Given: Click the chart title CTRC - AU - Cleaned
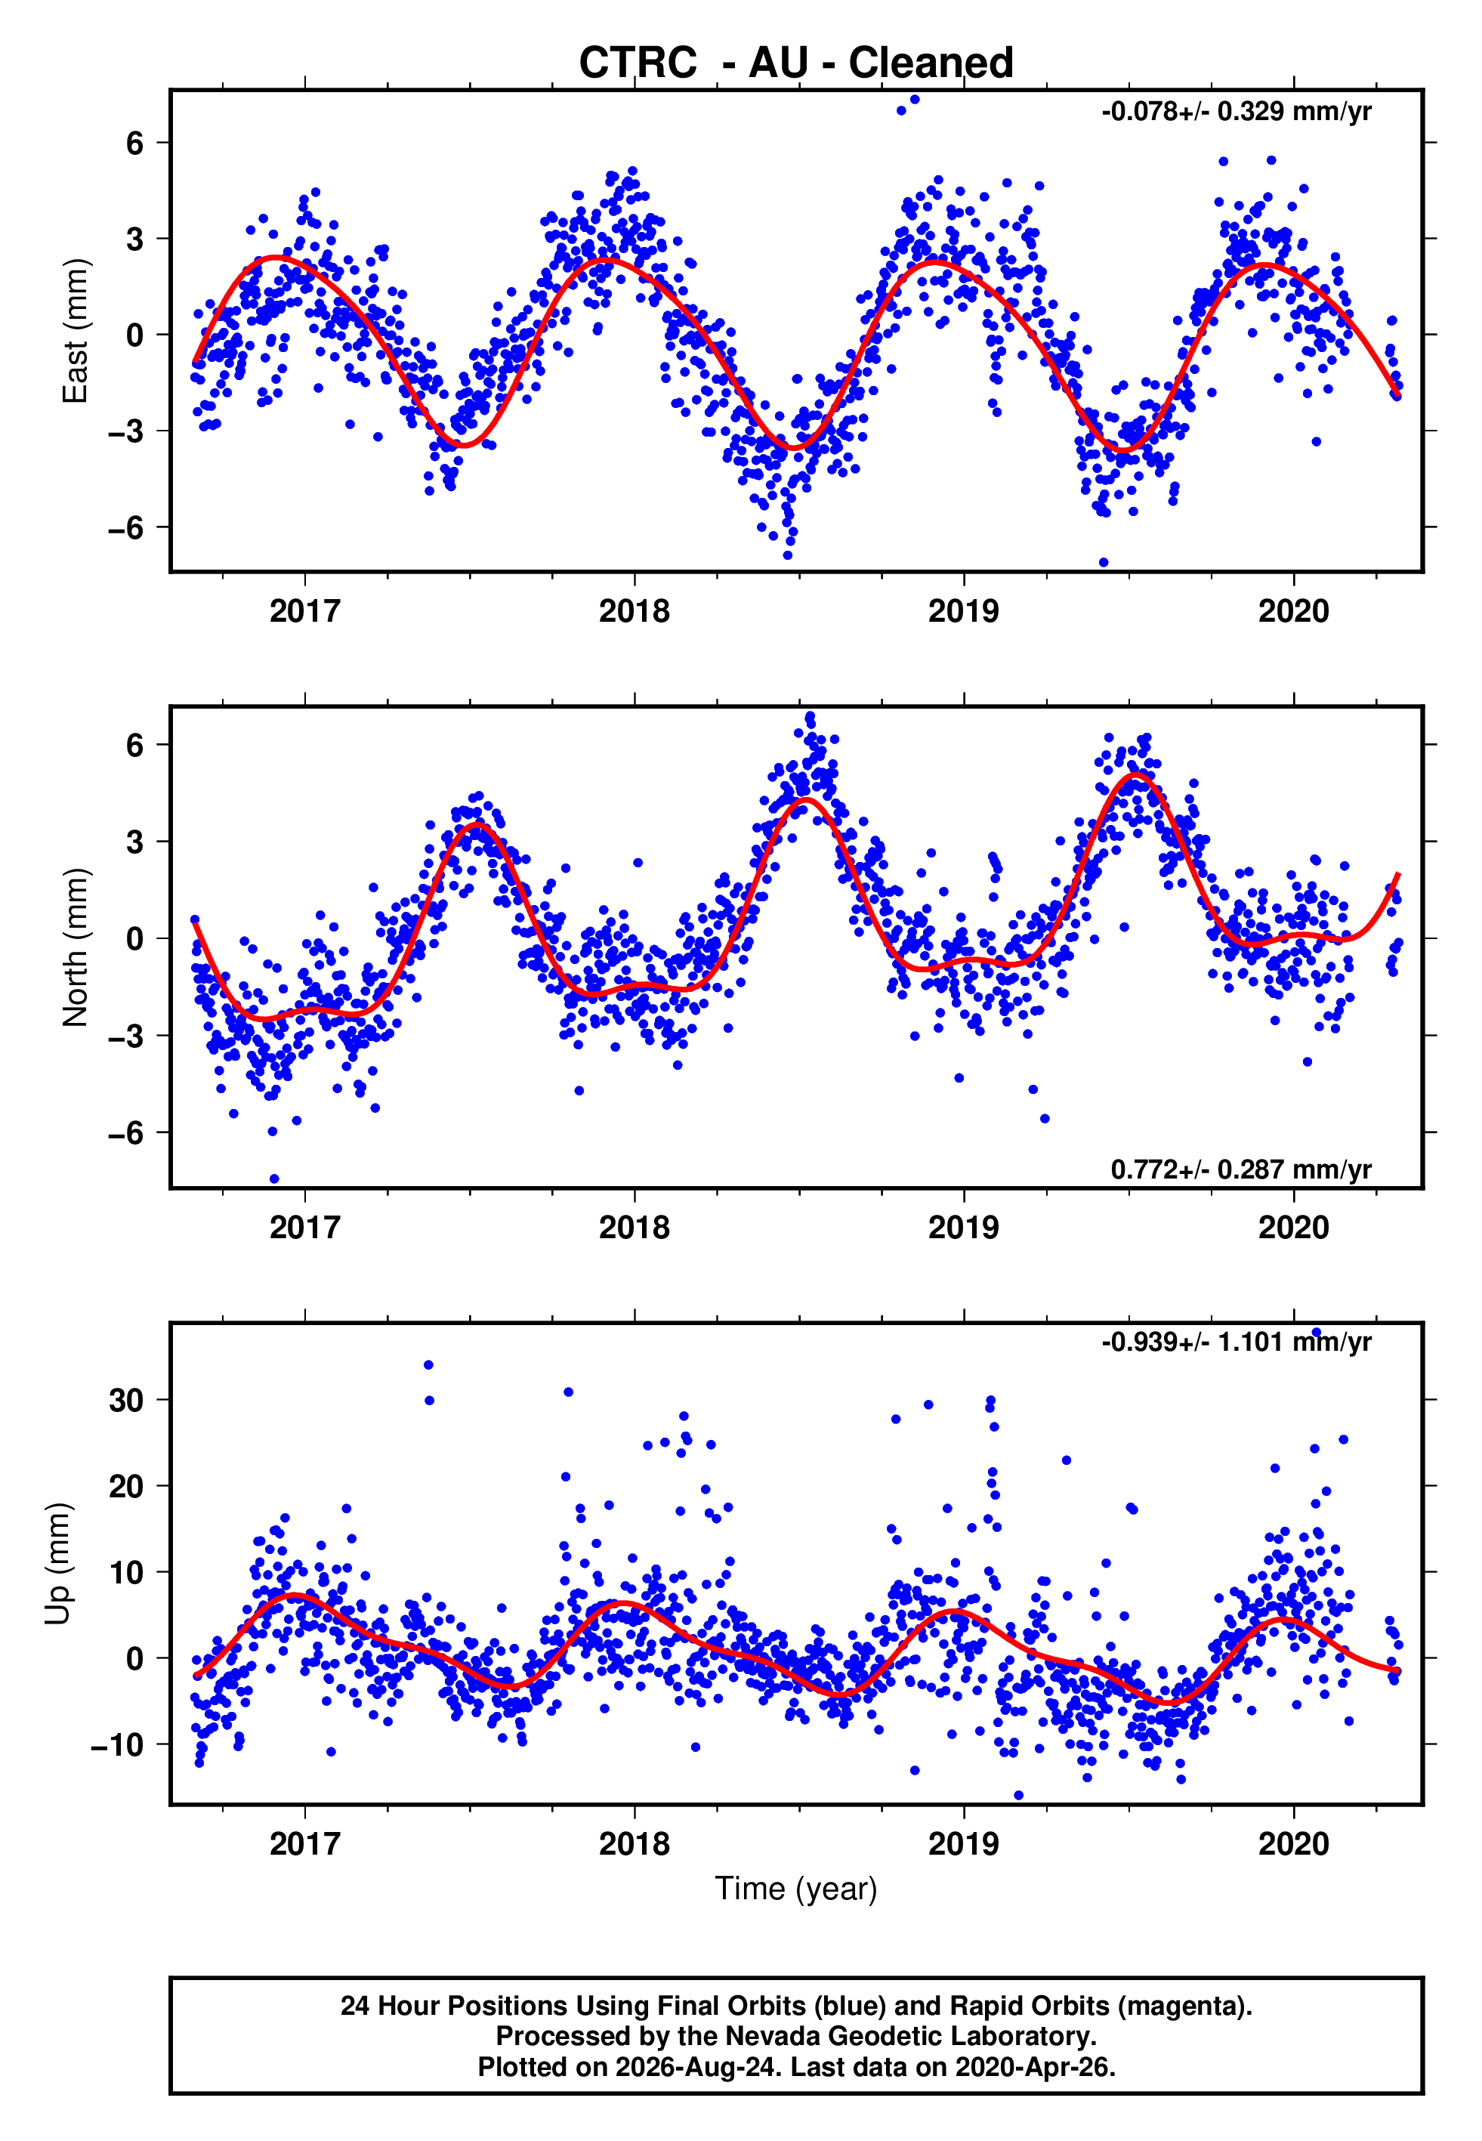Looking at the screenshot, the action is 796,63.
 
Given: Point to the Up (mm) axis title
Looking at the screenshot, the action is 57,1564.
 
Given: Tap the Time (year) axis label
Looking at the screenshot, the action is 796,1889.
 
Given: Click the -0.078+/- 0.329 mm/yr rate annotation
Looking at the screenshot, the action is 1236,111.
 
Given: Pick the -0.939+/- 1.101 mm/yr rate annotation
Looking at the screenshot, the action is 1236,1342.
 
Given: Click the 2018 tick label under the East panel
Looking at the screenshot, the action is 634,611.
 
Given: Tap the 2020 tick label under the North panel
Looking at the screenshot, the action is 1293,1228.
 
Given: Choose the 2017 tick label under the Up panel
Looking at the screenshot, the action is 304,1844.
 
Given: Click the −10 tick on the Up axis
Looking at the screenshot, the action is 117,1745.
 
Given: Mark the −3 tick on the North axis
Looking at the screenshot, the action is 126,1035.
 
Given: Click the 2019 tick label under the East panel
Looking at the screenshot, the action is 964,611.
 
